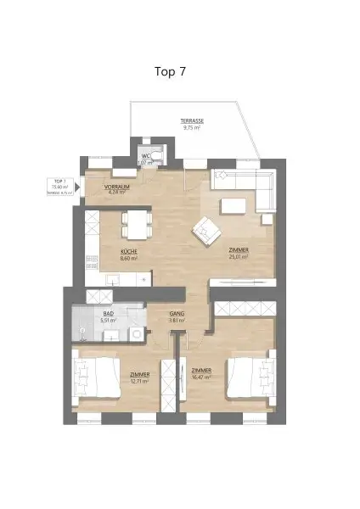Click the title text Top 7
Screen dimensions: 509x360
click(x=171, y=72)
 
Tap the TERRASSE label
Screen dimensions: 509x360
click(x=191, y=121)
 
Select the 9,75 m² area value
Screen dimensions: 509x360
click(x=191, y=128)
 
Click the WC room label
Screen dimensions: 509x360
click(x=145, y=156)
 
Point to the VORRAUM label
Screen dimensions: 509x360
click(x=115, y=186)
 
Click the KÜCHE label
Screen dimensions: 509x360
click(x=128, y=252)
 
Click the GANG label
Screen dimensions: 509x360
click(x=177, y=314)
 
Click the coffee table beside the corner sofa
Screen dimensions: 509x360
click(x=233, y=206)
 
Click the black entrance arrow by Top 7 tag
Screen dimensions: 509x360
click(x=78, y=187)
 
